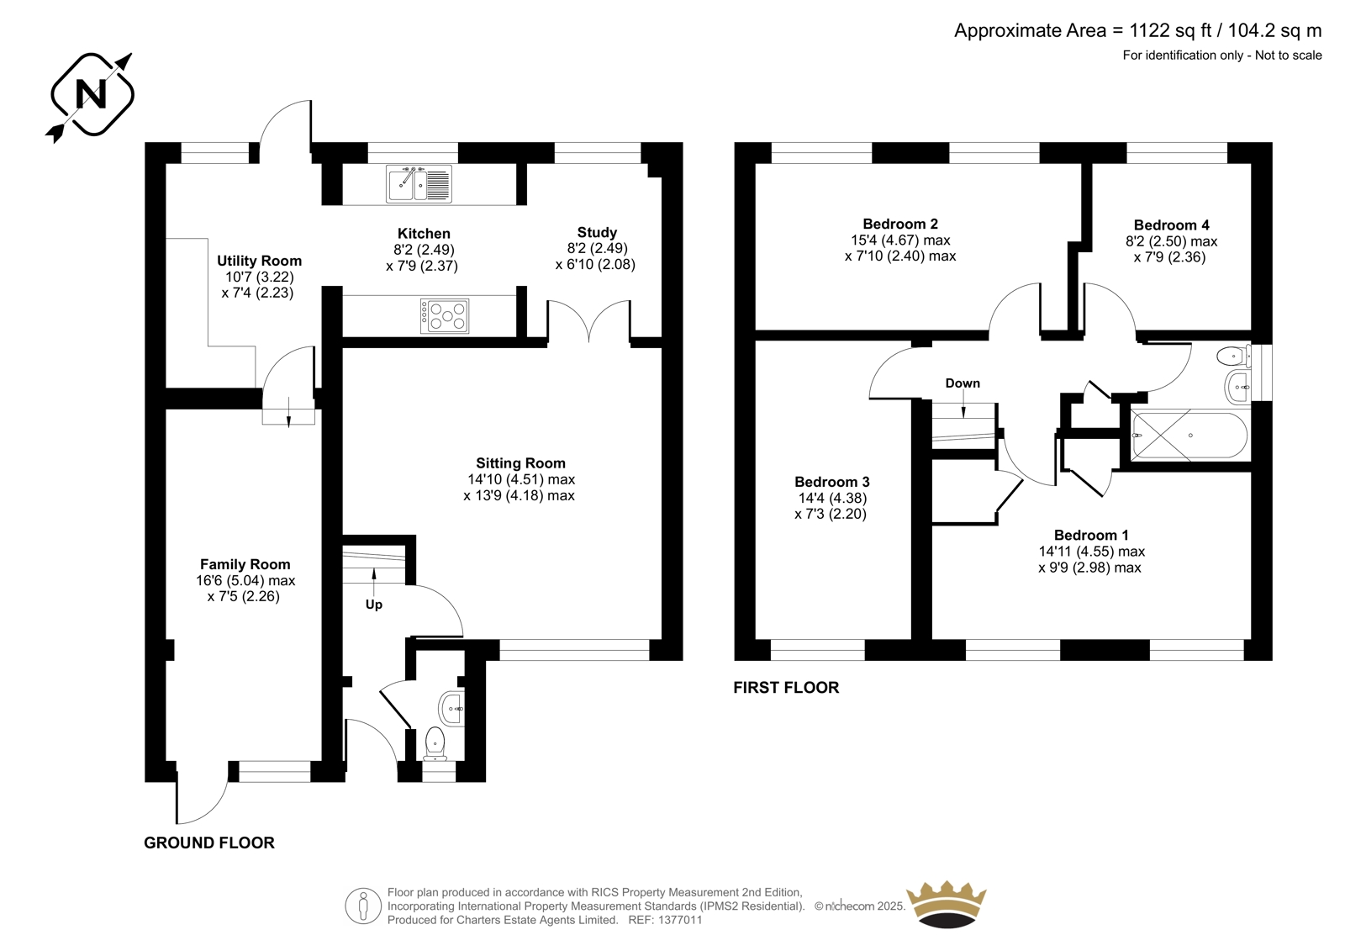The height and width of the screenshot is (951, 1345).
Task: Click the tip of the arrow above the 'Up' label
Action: (x=374, y=568)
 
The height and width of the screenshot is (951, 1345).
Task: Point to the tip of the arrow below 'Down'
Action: (x=963, y=418)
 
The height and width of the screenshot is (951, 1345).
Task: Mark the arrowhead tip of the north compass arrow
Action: (x=131, y=54)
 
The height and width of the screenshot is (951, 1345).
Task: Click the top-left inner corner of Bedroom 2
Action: (x=756, y=163)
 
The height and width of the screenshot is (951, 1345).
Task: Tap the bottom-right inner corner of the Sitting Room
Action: (x=662, y=639)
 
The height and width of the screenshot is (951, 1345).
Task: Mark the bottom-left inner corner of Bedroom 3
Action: (x=756, y=639)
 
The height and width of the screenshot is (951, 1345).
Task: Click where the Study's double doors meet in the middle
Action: (x=589, y=341)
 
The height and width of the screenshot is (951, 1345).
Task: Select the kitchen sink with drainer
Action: (x=419, y=184)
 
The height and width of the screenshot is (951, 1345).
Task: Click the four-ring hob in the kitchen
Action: (x=445, y=316)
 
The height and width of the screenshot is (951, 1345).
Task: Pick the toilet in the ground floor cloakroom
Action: (x=434, y=744)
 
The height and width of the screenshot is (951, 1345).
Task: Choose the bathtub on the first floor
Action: (x=1189, y=436)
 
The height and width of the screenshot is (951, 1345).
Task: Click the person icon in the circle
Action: (x=362, y=906)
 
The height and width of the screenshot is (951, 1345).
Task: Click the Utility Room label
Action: (x=260, y=261)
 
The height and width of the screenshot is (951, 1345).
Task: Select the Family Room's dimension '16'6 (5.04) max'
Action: (x=245, y=581)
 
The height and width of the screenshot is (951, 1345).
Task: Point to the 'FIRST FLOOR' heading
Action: (x=786, y=687)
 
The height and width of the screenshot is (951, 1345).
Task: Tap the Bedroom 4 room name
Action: (x=1172, y=225)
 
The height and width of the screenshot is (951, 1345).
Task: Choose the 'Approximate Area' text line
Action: (x=1138, y=30)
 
